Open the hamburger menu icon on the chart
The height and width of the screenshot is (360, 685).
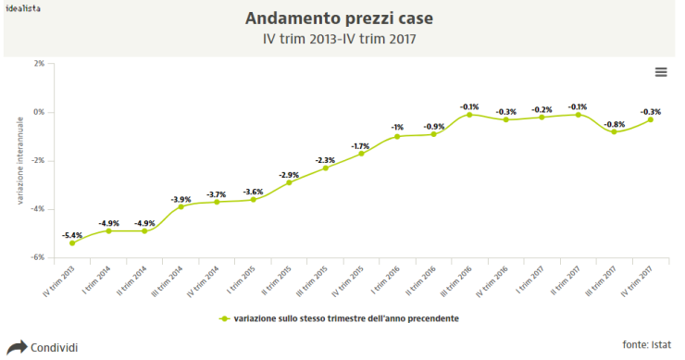click(661, 72)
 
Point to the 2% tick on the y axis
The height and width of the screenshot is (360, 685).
click(38, 64)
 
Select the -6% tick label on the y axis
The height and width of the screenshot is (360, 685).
click(38, 258)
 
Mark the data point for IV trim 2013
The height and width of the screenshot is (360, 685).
click(72, 243)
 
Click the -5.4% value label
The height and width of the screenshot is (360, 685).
click(72, 235)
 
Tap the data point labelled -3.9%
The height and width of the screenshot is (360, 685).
click(181, 206)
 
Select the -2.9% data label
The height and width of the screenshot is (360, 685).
click(289, 174)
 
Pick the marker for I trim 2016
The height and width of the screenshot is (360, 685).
click(397, 136)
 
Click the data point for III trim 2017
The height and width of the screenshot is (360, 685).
click(614, 131)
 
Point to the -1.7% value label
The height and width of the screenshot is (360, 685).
click(361, 145)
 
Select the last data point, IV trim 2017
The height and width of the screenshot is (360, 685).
click(650, 119)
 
